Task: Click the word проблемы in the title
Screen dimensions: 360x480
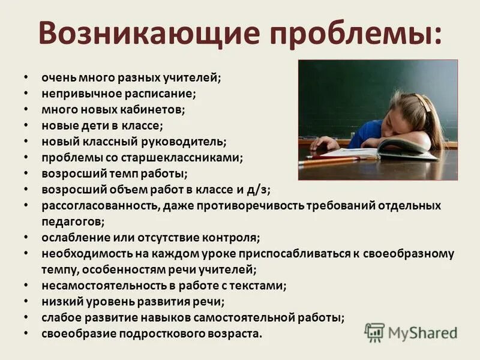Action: pos(355,34)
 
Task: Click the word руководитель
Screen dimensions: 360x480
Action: pos(190,142)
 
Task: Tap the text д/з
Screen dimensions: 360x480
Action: pos(259,190)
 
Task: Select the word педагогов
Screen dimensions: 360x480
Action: pos(71,221)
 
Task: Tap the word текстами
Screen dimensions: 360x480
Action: pos(260,286)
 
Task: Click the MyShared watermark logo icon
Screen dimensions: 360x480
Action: pos(374,332)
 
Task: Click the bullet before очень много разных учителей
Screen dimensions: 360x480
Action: pos(25,78)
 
